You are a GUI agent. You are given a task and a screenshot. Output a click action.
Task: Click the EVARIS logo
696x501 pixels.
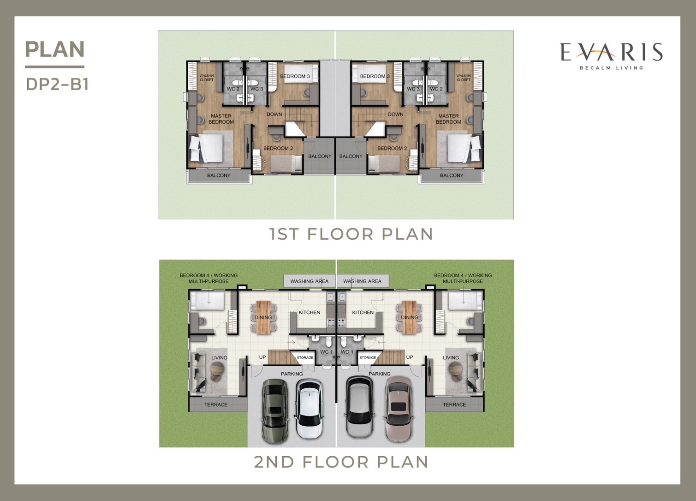click(612, 56)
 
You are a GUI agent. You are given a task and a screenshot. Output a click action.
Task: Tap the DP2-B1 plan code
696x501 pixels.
click(57, 84)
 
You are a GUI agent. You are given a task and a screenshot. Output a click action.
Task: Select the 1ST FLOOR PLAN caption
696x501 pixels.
click(351, 234)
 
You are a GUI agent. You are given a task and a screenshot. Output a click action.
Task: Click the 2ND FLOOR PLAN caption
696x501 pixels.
click(341, 462)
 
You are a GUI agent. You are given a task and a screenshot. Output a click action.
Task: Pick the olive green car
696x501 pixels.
click(275, 410)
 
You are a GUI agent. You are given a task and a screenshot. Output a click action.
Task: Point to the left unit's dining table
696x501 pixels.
click(263, 317)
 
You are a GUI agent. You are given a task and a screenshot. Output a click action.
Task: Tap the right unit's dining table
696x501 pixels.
click(409, 317)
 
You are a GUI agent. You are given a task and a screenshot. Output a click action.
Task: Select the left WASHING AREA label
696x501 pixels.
click(309, 281)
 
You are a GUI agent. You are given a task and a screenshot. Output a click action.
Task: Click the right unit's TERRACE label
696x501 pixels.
click(454, 404)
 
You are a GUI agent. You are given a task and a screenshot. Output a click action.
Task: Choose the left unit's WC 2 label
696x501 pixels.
click(233, 89)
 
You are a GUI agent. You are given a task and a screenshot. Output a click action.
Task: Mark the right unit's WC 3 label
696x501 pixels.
click(413, 89)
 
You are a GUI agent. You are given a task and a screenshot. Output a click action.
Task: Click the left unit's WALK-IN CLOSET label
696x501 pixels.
click(207, 78)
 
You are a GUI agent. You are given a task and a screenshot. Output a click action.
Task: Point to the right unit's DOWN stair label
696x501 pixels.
click(396, 115)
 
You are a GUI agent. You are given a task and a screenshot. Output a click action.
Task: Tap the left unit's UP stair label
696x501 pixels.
click(262, 357)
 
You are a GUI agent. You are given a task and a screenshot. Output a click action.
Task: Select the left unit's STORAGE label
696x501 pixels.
click(305, 358)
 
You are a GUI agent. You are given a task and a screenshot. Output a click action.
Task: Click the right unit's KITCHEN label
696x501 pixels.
click(363, 312)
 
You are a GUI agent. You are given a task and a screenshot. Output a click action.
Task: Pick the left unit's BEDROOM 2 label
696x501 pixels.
click(278, 148)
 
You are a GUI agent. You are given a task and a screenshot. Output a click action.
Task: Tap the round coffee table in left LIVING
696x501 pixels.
click(217, 370)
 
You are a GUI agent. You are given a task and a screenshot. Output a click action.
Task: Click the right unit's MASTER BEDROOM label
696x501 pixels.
click(448, 119)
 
